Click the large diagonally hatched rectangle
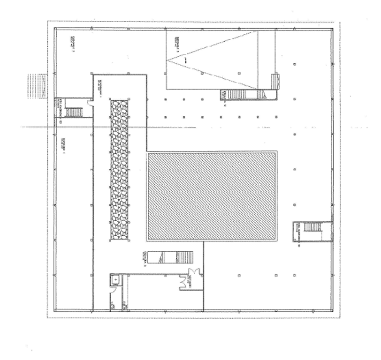(211, 196)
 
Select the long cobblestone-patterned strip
(119, 169)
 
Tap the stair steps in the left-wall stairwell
(74, 112)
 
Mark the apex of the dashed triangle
(168, 60)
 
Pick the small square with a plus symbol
(114, 280)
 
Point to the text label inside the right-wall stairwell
(298, 231)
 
